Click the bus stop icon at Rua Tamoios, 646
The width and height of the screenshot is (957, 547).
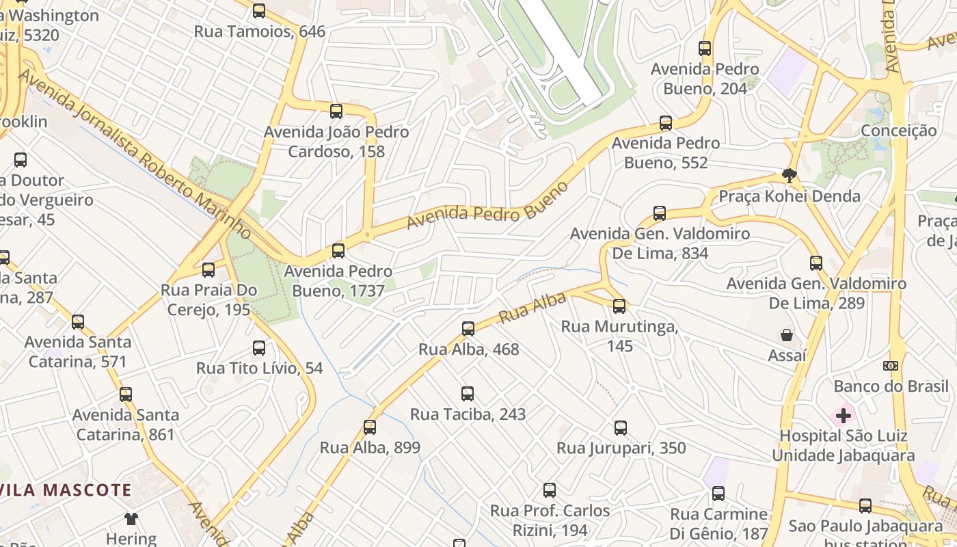[x=259, y=11]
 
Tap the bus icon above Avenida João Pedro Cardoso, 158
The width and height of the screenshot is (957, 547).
[x=336, y=111]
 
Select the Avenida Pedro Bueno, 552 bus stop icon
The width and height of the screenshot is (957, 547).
[x=666, y=123]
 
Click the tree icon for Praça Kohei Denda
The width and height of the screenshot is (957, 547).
[x=790, y=176]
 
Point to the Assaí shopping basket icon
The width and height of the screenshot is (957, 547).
[x=787, y=335]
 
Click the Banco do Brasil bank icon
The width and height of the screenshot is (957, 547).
[x=891, y=366]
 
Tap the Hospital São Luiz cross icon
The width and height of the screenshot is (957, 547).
[x=844, y=415]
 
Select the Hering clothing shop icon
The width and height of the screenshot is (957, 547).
[x=131, y=519]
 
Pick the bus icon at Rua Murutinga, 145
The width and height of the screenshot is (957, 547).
[x=619, y=306]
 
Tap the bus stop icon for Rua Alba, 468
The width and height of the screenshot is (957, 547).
[x=468, y=329]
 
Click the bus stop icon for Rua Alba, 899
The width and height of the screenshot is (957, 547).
[x=370, y=427]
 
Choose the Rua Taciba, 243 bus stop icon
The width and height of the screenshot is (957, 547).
[x=468, y=394]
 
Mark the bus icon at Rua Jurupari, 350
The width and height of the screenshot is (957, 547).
[x=621, y=428]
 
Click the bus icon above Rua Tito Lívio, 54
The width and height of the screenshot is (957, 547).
[x=259, y=348]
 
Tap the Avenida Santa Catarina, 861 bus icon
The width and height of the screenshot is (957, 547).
[x=126, y=395]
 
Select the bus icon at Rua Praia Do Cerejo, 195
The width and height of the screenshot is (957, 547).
[x=208, y=270]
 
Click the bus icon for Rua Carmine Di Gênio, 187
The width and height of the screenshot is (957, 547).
[x=718, y=494]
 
